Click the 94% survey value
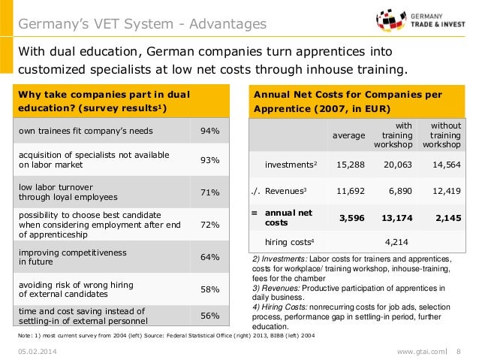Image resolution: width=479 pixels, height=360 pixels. (209, 132)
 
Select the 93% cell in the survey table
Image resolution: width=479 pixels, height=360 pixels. (209, 160)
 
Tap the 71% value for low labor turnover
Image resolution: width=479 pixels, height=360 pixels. (209, 192)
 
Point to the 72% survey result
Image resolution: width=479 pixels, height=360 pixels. (209, 225)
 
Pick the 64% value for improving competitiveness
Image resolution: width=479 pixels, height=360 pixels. (209, 257)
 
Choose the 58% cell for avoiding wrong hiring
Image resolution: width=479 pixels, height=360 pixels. (209, 289)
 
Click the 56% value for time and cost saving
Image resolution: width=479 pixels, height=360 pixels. (209, 316)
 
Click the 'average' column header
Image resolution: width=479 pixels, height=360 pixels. (349, 135)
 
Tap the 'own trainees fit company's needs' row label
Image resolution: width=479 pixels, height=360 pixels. (86, 132)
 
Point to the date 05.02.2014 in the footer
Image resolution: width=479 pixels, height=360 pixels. (38, 351)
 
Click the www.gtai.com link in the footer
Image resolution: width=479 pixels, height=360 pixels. (422, 351)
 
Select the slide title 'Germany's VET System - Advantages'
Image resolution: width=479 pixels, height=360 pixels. (143, 25)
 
